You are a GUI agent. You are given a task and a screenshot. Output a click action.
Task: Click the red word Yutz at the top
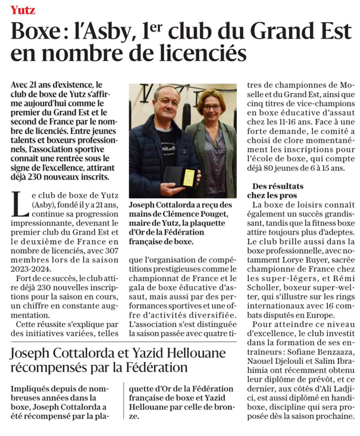coord(23,10)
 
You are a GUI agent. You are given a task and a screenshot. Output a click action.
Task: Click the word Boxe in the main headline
coord(35,31)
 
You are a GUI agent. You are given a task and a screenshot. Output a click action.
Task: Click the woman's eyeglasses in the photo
coord(212,108)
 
